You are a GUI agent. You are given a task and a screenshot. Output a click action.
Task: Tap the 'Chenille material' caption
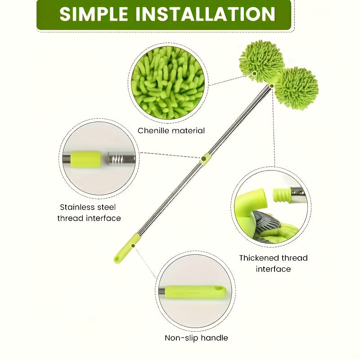tap(171, 130)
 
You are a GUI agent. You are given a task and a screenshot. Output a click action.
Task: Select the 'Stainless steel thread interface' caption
tap(89, 212)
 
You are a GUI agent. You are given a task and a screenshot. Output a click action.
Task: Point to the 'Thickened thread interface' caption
tap(273, 263)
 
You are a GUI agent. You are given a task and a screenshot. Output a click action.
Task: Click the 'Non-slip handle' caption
tap(196, 337)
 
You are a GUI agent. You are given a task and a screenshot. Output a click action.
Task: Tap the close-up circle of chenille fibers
tap(168, 82)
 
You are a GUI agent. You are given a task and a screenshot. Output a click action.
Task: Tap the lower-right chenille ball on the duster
tap(296, 88)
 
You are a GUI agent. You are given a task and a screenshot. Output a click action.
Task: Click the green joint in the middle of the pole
tap(206, 158)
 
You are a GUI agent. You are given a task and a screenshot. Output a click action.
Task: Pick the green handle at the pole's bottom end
tap(126, 249)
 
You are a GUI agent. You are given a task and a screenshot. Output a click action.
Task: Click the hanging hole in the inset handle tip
tap(219, 290)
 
